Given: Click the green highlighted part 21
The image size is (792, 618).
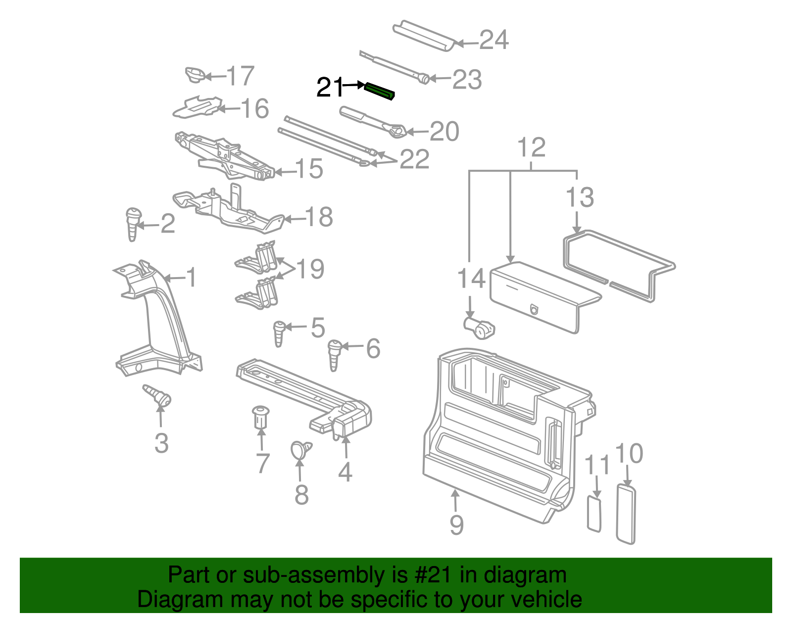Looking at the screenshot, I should click(380, 91).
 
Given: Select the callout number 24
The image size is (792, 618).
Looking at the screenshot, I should click(494, 40).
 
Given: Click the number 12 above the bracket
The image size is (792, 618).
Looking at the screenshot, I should click(531, 147).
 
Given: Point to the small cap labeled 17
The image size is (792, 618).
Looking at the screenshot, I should click(196, 75).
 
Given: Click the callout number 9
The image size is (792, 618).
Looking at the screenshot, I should click(456, 524).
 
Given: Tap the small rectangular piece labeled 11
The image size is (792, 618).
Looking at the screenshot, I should click(594, 514).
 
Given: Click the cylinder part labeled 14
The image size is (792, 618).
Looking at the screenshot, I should click(480, 328).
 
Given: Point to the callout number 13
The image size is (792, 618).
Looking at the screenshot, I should click(579, 197).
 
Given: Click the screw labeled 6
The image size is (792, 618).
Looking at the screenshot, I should click(334, 353).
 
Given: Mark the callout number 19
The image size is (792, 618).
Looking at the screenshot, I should click(310, 269).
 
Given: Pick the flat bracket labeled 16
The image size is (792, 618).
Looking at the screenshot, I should click(197, 107).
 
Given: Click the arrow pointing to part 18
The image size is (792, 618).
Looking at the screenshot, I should click(294, 219).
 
